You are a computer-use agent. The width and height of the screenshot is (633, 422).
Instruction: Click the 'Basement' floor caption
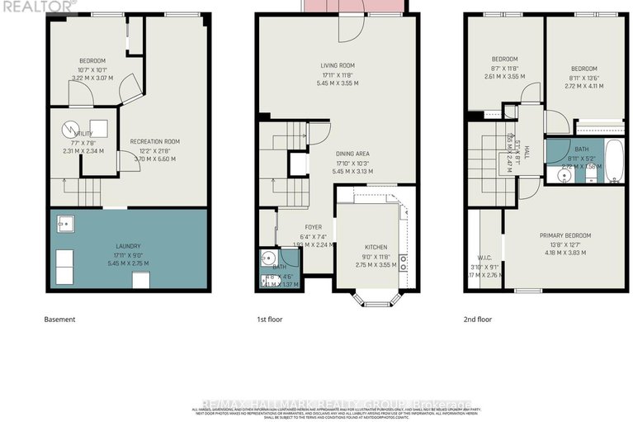pyautogui.click(x=59, y=320)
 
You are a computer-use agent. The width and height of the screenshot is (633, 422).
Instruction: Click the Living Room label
pyautogui.click(x=337, y=65)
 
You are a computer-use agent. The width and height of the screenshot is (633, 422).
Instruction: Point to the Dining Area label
pyautogui.click(x=352, y=154)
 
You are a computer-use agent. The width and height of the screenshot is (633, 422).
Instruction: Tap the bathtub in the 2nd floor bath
pyautogui.click(x=613, y=160)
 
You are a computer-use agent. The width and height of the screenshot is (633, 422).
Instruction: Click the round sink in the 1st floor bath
pyautogui.click(x=268, y=258)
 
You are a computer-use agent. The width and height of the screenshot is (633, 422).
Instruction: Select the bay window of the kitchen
pyautogui.click(x=376, y=299)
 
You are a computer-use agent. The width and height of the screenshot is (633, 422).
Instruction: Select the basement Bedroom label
pyautogui.click(x=92, y=60)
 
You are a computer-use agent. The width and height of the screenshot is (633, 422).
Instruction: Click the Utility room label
pyautogui.click(x=83, y=132)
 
